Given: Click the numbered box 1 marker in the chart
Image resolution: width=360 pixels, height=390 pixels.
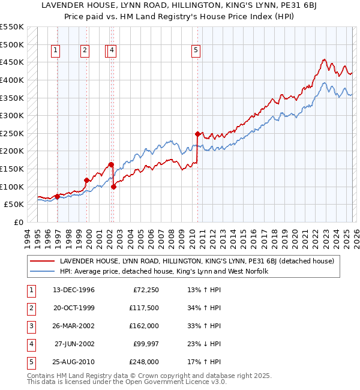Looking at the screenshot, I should pos(55,51).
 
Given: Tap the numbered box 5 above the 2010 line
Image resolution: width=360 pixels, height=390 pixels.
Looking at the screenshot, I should pos(196,51).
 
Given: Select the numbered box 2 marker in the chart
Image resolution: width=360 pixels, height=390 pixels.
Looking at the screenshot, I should pos(85,51).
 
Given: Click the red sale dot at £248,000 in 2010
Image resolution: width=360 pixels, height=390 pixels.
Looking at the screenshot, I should pos(197,134).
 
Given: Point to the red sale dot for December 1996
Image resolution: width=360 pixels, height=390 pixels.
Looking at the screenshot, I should pos(57,196).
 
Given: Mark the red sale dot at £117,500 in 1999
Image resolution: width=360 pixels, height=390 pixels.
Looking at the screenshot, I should pos(87,180).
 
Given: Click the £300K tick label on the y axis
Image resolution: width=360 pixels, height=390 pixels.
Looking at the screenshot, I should pos(11,115).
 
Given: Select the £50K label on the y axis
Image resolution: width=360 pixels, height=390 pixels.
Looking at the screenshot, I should pos(14,204).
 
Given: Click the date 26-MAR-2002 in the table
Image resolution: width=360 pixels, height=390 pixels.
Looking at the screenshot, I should pos(74,326).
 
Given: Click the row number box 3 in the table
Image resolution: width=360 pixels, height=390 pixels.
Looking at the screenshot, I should pos(29,326).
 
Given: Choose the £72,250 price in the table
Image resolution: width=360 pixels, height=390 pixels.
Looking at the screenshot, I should pos(144,290).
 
